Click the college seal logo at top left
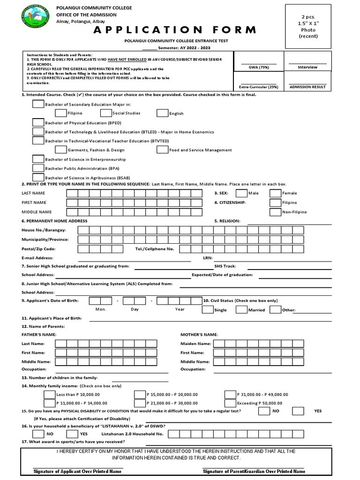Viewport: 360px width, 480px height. (35, 19)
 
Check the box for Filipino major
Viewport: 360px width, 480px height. (60, 112)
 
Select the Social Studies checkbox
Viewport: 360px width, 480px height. (106, 112)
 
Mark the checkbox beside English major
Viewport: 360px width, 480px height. (162, 112)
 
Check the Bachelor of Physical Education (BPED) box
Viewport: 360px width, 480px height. (38, 122)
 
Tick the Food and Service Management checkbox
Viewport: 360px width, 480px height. (162, 150)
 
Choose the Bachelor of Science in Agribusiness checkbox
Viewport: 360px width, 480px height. (38, 177)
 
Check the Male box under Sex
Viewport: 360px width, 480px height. (241, 193)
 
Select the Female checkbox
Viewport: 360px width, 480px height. (275, 193)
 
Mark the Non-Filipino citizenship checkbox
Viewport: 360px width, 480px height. (275, 212)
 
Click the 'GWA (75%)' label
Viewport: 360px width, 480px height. (258, 67)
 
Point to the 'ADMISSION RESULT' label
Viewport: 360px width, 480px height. (307, 87)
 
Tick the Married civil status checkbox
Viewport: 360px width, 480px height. (241, 309)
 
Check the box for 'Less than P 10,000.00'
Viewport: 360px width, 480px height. (49, 394)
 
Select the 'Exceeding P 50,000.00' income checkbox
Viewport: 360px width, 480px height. (230, 403)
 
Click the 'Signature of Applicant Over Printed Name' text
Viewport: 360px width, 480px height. (78, 471)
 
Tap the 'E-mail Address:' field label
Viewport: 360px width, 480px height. (37, 258)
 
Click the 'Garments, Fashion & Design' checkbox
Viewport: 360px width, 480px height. (60, 150)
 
